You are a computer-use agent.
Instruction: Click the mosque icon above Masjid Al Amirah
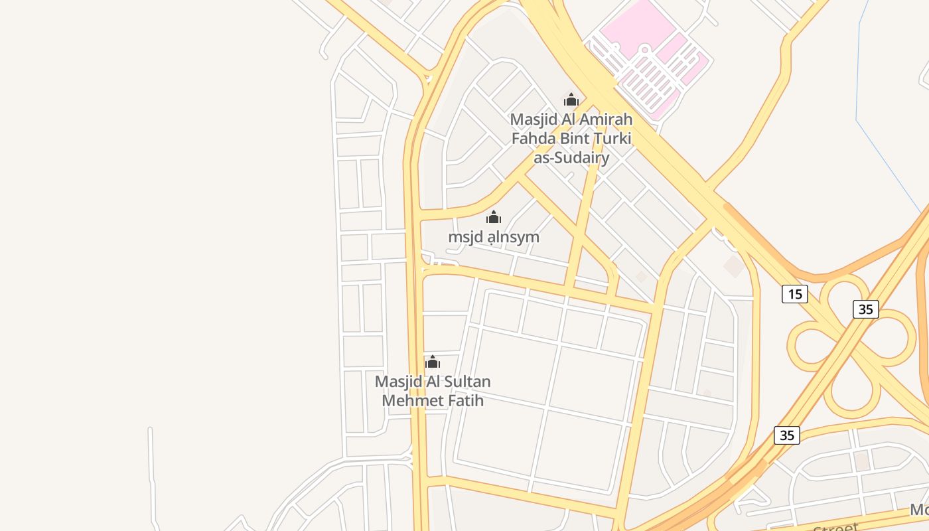pos(571,100)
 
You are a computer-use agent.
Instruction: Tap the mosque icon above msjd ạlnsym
pos(494,217)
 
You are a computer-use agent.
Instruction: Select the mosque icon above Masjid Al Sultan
pos(433,362)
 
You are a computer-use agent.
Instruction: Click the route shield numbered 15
pos(794,293)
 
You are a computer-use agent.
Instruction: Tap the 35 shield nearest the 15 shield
pos(865,309)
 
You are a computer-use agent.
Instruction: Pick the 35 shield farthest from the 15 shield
pos(786,435)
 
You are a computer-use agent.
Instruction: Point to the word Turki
pos(608,139)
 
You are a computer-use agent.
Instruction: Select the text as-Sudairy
pos(571,158)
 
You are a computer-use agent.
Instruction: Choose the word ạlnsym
pos(514,237)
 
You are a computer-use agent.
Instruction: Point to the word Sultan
pos(463,382)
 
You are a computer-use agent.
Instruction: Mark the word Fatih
pos(464,401)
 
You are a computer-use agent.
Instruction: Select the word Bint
pos(572,139)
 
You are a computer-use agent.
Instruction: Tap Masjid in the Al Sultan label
pos(397,382)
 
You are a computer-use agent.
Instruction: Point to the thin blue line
pos(858,80)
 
